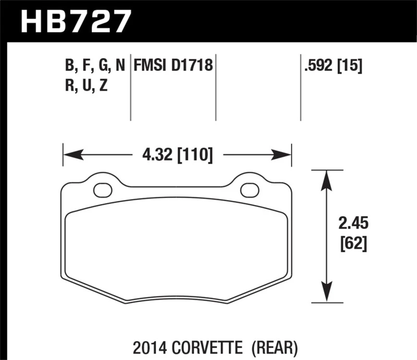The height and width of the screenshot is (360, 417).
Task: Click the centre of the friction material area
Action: pos(176,250)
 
